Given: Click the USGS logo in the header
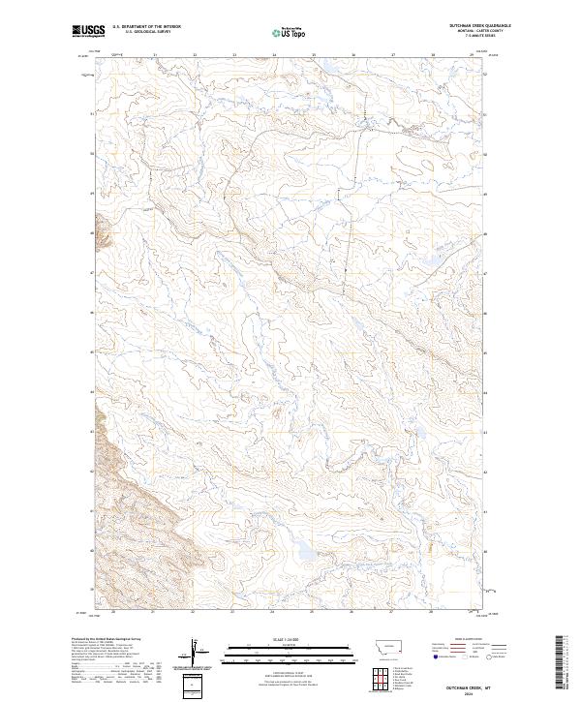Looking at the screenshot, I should click(x=87, y=31).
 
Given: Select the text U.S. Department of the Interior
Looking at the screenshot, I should click(x=145, y=27).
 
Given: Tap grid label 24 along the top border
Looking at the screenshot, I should click(x=274, y=54).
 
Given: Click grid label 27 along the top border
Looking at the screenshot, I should click(x=393, y=54).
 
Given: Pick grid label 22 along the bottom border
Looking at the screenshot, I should click(x=194, y=612).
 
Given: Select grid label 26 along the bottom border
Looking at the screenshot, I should click(x=352, y=612).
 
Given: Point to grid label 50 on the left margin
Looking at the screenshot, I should click(x=93, y=153).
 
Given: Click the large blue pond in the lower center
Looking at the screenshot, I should click(x=303, y=550).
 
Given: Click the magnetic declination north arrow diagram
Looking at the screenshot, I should click(x=197, y=654).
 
